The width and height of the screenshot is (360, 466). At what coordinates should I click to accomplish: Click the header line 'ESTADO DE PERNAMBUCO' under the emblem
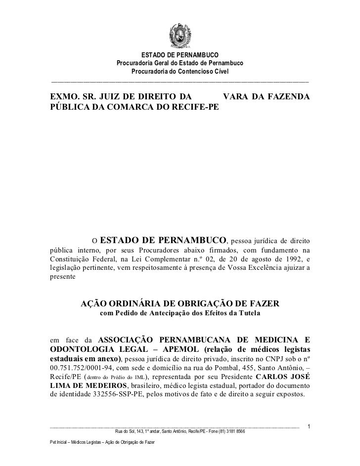pos(180,54)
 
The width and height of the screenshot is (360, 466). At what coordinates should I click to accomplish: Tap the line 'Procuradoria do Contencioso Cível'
pos(180,72)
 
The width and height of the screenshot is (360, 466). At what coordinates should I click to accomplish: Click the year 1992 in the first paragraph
pos(290,259)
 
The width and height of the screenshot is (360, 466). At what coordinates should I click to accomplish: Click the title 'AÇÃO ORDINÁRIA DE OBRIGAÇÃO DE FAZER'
pos(180,303)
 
